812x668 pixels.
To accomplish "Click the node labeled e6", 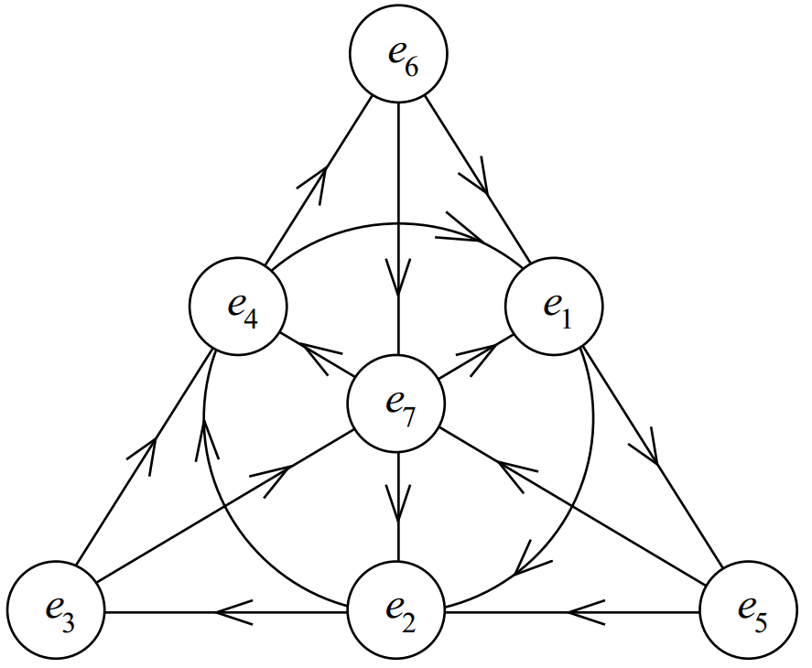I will (398, 58).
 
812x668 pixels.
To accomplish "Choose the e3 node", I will (55, 609).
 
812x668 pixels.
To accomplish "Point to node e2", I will (397, 609).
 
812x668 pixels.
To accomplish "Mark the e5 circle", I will (747, 609).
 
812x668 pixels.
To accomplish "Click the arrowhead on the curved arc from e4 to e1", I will (462, 238).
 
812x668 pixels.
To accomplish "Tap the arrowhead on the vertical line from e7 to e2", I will (398, 501).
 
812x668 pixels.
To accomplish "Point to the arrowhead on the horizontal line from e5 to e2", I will (586, 610).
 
